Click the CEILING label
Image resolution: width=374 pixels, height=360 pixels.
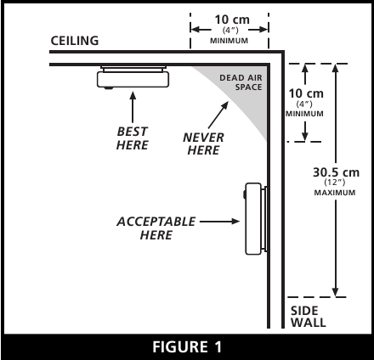coord(75,41)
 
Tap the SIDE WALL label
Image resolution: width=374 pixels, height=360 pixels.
coord(308,317)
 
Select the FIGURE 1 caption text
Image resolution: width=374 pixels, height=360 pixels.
coord(187,346)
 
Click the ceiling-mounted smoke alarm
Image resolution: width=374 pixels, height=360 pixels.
coord(133,77)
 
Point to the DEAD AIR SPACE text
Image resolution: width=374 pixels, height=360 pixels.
coord(241,82)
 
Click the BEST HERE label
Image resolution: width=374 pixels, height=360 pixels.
coord(133,138)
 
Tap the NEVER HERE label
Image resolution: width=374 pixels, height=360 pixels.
coord(203,143)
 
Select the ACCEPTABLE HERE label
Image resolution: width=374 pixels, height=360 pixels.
coord(156,228)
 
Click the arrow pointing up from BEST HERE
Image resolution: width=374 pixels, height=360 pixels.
coord(133,107)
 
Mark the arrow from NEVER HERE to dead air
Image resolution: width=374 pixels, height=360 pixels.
coord(218,115)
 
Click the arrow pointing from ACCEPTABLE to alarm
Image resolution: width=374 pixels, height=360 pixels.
coord(220,222)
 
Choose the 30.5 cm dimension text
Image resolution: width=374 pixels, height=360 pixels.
coord(336,172)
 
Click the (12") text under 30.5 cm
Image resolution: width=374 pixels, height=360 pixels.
coord(335,183)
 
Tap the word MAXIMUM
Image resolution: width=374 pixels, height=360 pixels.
coord(335,193)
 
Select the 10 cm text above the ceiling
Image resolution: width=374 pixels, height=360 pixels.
coord(232,20)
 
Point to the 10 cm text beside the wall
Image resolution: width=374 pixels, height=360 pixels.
coord(306,93)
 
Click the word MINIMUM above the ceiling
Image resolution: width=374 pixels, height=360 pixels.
coord(229,41)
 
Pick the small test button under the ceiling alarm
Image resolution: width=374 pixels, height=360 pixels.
coord(108,88)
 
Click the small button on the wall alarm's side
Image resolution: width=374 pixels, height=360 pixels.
coord(244,194)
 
